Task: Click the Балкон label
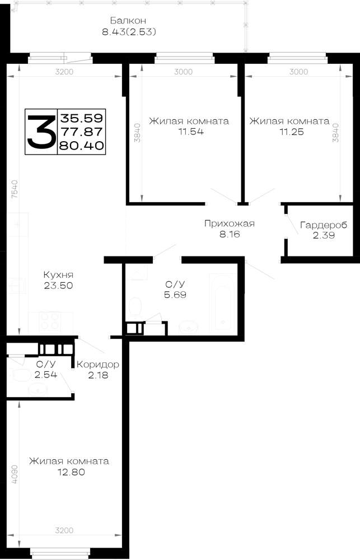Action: tap(128, 20)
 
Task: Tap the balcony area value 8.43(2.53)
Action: tap(129, 32)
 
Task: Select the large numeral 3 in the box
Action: tap(41, 132)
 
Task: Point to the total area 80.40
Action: tap(82, 146)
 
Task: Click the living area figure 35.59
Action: tap(82, 118)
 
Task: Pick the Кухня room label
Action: tap(58, 274)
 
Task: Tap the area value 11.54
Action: tap(191, 132)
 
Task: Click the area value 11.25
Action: tap(292, 132)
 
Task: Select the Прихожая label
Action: tap(230, 223)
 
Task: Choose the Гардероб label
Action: tap(324, 225)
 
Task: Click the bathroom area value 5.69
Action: tap(175, 295)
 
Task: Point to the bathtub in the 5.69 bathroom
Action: tap(222, 303)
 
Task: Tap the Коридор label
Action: tap(98, 365)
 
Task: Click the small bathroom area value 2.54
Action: tap(46, 375)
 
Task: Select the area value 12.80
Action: tap(72, 472)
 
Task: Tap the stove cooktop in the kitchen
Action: tap(50, 322)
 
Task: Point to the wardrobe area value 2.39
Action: tap(324, 235)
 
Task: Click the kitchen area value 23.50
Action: tap(59, 286)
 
